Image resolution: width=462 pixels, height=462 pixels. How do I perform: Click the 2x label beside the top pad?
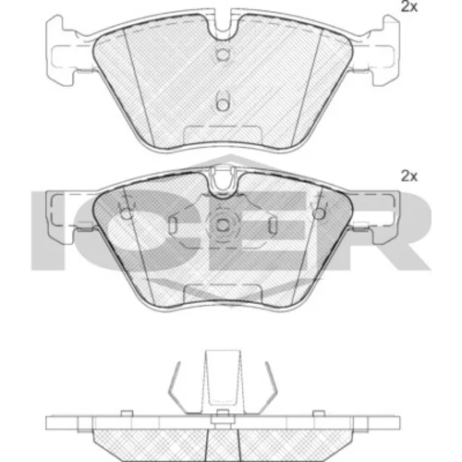(x=409, y=6)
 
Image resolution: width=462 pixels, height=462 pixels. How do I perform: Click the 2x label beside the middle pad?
(x=409, y=176)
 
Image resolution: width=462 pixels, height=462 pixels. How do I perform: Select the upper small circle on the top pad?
(x=223, y=55)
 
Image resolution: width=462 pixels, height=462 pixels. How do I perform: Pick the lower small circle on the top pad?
(x=223, y=104)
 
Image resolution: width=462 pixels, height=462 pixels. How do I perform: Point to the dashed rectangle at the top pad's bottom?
(x=223, y=136)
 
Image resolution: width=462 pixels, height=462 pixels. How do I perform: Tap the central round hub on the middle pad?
(x=223, y=225)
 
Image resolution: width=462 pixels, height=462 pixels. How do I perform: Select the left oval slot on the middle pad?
(x=173, y=225)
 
